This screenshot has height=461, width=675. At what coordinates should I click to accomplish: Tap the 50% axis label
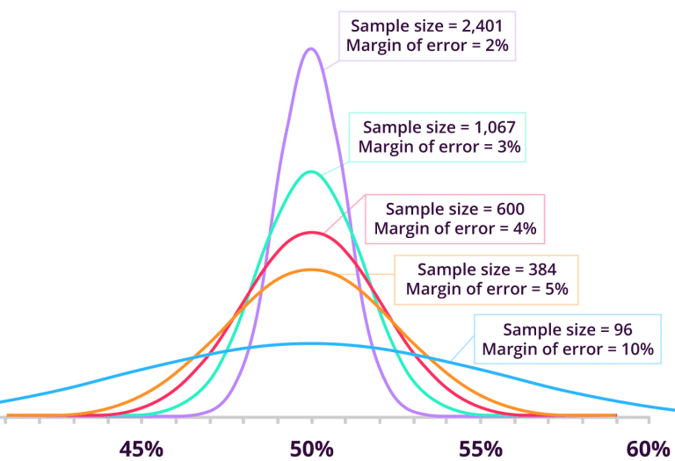click(x=311, y=449)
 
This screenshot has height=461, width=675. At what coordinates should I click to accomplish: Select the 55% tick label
click(x=480, y=449)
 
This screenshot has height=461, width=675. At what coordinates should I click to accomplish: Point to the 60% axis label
click(x=649, y=449)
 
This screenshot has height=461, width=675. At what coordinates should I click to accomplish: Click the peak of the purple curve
click(x=310, y=48)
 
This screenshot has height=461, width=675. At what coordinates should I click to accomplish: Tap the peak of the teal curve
click(x=310, y=171)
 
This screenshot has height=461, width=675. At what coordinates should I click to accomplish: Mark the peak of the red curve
click(x=310, y=233)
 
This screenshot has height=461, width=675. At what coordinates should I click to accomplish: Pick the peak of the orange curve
click(x=310, y=270)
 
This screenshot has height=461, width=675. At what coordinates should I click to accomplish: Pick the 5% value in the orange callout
click(x=551, y=288)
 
